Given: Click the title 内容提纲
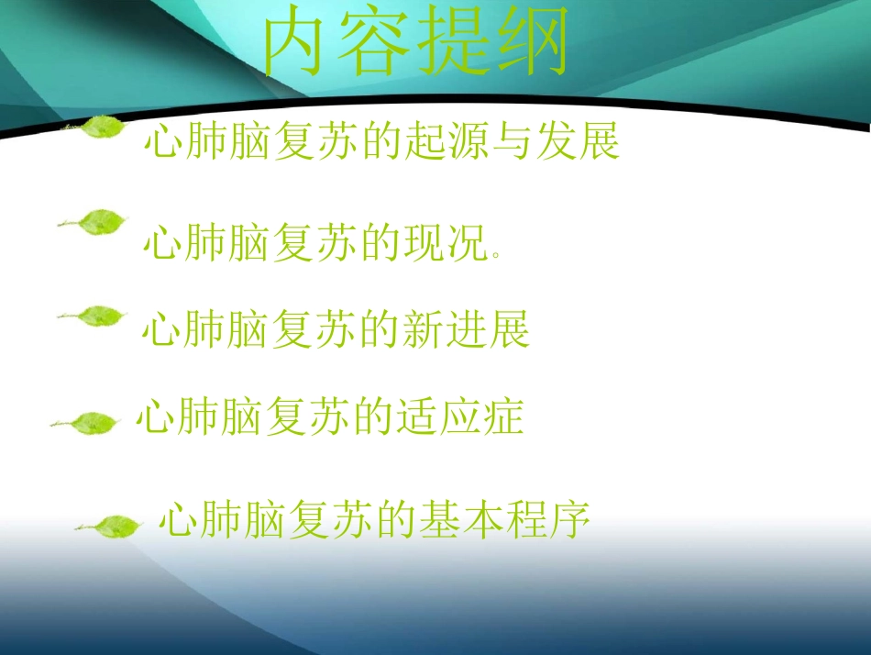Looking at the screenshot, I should coord(416,43).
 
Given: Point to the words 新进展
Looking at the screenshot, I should coord(466,329).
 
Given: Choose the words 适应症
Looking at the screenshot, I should coord(458,418).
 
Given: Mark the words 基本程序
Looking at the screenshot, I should coord(503,521).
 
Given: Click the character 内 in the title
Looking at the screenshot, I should coord(295,43).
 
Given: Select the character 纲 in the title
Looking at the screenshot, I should coord(536,43).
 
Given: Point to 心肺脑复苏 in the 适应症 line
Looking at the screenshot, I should coord(243,418).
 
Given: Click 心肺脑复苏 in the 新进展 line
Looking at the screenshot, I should coord(248,329).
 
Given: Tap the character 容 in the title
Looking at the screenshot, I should coord(376,43).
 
